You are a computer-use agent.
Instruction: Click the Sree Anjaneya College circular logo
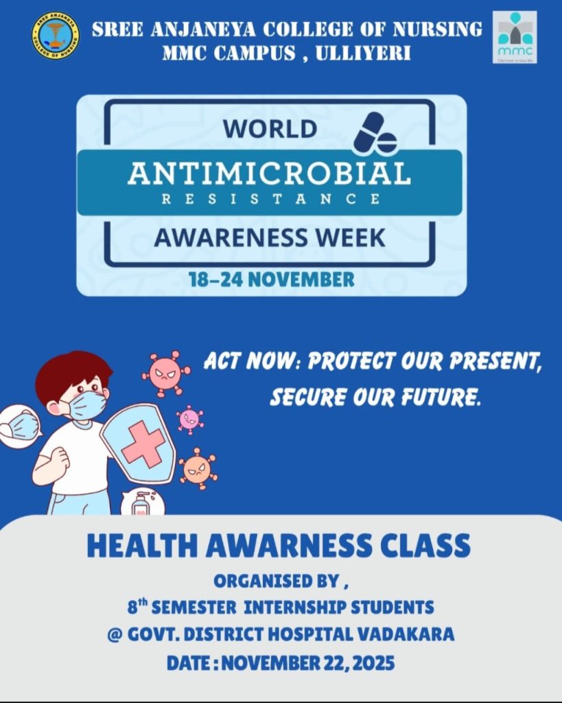(x=56, y=36)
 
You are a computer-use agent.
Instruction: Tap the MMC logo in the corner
(x=515, y=37)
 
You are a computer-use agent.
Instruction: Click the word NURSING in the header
(x=437, y=30)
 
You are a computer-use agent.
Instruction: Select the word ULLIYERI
(x=363, y=54)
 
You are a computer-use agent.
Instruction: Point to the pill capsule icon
(x=375, y=132)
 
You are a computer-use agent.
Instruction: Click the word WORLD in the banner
(x=270, y=128)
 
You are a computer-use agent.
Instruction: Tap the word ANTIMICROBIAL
(x=270, y=174)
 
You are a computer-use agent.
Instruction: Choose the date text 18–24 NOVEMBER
(x=272, y=279)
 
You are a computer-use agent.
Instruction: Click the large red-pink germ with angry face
(x=165, y=373)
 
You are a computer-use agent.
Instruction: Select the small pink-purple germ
(x=189, y=419)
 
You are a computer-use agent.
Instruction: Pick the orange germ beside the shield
(x=198, y=468)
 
